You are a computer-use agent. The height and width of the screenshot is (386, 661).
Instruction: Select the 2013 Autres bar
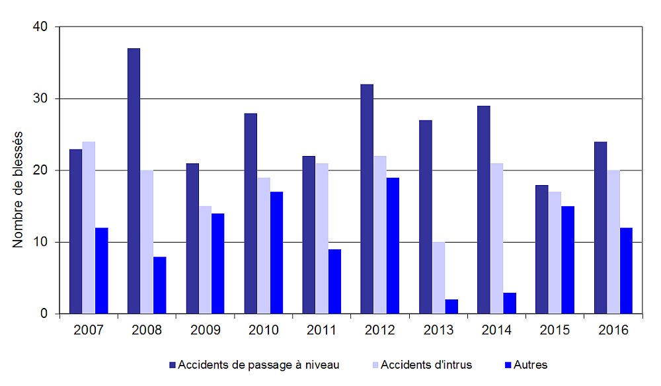coord(451,307)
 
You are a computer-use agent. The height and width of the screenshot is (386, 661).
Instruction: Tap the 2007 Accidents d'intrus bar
coord(89,227)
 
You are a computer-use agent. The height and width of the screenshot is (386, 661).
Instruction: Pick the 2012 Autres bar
coord(393,245)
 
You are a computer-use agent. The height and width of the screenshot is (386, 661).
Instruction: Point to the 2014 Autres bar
coord(510,303)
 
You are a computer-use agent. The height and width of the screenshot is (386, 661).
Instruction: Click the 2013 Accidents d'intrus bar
coord(438,278)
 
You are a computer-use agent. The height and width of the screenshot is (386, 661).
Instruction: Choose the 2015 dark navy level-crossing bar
coord(541,249)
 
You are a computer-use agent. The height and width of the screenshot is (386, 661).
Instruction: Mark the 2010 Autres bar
coord(276,252)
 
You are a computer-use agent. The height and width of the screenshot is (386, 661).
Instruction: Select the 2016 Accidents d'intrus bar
coord(613,242)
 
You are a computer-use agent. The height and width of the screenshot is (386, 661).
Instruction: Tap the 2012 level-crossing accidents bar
coord(367,199)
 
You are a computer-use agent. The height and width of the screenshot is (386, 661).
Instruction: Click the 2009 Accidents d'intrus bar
coord(205,260)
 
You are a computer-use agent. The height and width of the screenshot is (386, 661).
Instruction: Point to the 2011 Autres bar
coord(334,281)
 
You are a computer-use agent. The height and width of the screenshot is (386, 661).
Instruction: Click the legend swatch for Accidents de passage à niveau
coord(173,365)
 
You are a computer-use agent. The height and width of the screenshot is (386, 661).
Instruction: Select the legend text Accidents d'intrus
coord(426,365)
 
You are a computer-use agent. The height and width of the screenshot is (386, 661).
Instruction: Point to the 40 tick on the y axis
coord(41,26)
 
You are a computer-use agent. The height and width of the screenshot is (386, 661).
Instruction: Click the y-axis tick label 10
coord(41,242)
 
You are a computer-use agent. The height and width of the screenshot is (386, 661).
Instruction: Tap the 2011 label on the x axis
coord(321,329)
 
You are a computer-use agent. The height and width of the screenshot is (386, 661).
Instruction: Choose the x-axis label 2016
coord(613,329)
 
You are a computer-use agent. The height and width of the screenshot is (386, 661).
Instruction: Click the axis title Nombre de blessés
coord(18,188)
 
